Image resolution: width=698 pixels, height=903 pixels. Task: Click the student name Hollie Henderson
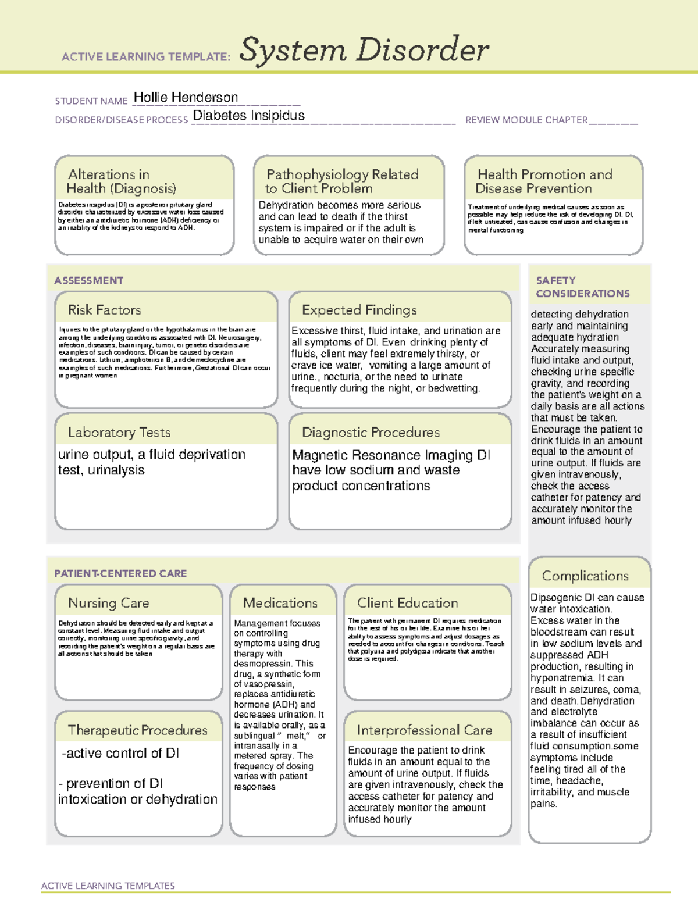(x=186, y=98)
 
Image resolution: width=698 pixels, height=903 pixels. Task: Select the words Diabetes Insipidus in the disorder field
(x=248, y=116)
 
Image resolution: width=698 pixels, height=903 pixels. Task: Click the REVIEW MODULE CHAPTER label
(x=526, y=120)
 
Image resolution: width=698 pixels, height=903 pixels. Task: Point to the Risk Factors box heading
(x=104, y=310)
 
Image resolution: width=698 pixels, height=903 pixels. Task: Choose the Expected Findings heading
(x=359, y=310)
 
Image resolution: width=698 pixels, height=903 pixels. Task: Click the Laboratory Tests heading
(x=119, y=432)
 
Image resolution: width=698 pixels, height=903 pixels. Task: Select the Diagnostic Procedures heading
(x=371, y=432)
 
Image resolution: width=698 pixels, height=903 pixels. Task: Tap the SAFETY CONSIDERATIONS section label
(x=582, y=287)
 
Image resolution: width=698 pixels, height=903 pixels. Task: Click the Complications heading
(x=585, y=576)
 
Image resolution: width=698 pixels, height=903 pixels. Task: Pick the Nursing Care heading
(x=108, y=603)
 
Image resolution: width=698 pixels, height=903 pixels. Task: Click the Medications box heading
(x=280, y=603)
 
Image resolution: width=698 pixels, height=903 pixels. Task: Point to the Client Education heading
(x=407, y=603)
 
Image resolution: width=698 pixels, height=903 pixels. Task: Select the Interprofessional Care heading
(x=424, y=730)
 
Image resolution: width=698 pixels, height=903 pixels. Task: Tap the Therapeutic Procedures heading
(x=137, y=730)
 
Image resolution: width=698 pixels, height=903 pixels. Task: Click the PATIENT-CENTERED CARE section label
(x=120, y=573)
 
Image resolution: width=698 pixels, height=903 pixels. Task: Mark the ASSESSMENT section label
(x=88, y=280)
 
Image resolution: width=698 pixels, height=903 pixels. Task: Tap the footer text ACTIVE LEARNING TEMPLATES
(x=108, y=886)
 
